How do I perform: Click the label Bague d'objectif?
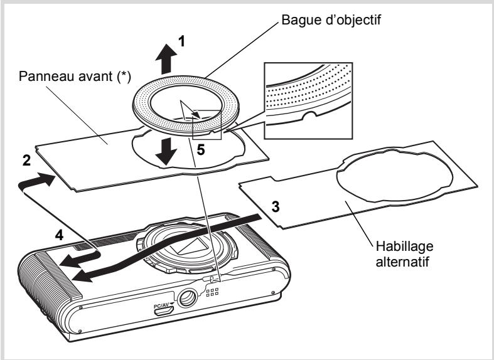click(x=331, y=20)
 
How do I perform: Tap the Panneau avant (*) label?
click(x=75, y=77)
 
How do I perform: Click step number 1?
click(x=181, y=41)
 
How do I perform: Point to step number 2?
click(x=26, y=161)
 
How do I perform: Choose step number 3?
click(x=276, y=207)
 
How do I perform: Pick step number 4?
click(x=59, y=235)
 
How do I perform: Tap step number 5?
click(x=201, y=150)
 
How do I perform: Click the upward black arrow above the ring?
click(x=166, y=59)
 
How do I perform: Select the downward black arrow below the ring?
click(x=166, y=152)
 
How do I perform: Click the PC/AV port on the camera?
click(x=164, y=311)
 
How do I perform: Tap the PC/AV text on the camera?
click(x=161, y=305)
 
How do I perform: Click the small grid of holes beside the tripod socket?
click(x=212, y=292)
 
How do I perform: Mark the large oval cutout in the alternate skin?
click(x=395, y=176)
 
